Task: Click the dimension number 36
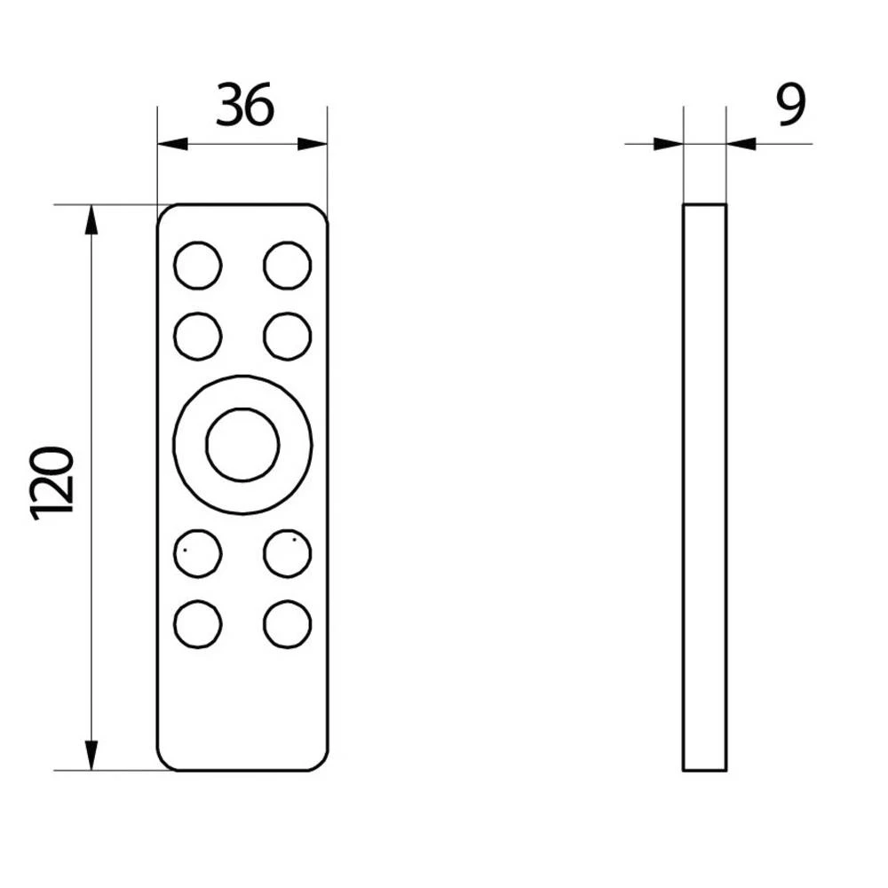(x=245, y=105)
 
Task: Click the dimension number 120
(x=53, y=483)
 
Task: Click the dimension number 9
(x=789, y=106)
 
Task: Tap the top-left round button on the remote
(x=198, y=265)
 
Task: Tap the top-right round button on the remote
(x=288, y=265)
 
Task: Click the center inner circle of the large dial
(x=242, y=444)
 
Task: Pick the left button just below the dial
(x=198, y=552)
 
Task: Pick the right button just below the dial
(x=288, y=552)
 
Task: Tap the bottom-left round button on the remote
(x=198, y=624)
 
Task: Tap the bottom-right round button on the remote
(x=288, y=624)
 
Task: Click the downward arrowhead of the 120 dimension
(x=91, y=756)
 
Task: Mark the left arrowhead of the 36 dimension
(x=172, y=144)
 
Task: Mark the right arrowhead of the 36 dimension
(x=313, y=144)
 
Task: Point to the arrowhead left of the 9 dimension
(x=668, y=144)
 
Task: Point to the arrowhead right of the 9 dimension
(x=741, y=144)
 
